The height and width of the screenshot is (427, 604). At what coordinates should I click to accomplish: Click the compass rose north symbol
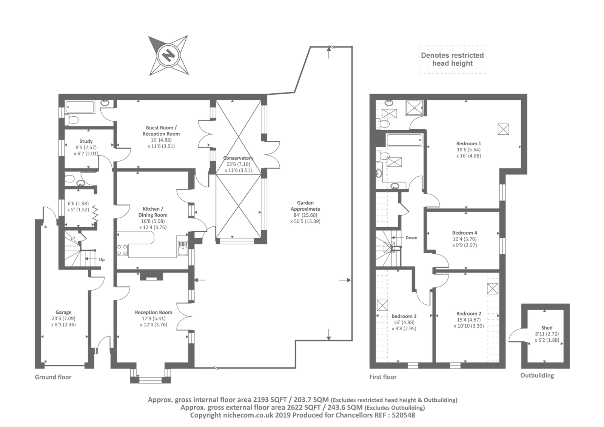point(168,55)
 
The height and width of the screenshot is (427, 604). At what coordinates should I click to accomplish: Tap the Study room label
point(86,141)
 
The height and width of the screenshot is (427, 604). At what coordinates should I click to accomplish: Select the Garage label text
point(63,312)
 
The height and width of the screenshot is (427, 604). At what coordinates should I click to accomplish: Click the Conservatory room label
point(238,158)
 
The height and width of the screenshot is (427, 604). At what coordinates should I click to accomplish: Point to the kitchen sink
point(183,248)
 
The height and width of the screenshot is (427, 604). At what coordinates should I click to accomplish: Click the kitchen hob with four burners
point(122,250)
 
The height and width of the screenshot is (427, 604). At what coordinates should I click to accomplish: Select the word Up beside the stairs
point(102,260)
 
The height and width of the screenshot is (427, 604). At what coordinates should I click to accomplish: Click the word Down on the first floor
point(411,237)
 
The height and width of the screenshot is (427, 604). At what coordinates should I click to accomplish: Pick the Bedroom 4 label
point(465,233)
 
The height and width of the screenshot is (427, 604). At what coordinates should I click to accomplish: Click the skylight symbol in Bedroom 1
point(503,129)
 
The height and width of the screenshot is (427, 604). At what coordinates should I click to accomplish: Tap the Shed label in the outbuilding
point(547,328)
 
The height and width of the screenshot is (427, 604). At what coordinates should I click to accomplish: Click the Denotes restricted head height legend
point(452,59)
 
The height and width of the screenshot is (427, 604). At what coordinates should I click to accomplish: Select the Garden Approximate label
point(305,206)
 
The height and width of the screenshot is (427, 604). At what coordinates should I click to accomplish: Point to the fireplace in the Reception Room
point(152,276)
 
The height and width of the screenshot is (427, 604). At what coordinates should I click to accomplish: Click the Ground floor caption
point(53,377)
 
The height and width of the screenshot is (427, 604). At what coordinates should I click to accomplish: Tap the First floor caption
point(383,377)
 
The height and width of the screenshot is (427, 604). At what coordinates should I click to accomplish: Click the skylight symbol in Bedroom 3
point(382,305)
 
